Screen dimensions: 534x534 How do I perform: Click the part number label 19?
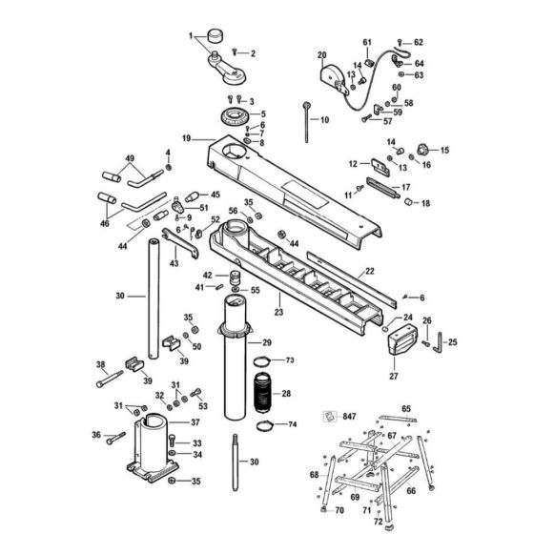click(x=187, y=138)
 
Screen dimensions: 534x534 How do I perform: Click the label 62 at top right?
click(x=418, y=42)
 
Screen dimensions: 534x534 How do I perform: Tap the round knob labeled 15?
click(x=422, y=149)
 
